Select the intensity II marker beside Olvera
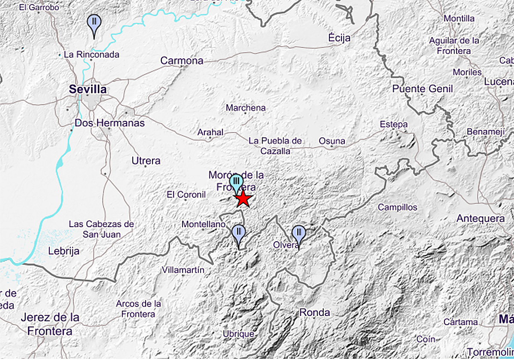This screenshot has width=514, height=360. (299, 234)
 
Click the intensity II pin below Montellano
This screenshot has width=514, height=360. (238, 233)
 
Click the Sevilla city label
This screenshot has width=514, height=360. (88, 89)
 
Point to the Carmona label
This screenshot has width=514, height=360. (182, 61)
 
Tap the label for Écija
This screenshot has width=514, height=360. (339, 38)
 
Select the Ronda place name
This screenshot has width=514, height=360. (314, 312)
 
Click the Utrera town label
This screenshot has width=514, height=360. (146, 161)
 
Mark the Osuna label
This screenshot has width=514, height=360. (332, 141)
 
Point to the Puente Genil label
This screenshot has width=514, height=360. (422, 89)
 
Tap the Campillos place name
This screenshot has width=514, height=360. (397, 207)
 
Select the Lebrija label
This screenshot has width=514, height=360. (64, 251)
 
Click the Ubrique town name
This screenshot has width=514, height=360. (239, 333)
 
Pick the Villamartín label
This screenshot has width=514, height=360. (183, 270)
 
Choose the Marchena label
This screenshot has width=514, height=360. (246, 108)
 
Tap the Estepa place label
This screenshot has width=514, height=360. (394, 124)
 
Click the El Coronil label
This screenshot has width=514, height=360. (186, 195)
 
